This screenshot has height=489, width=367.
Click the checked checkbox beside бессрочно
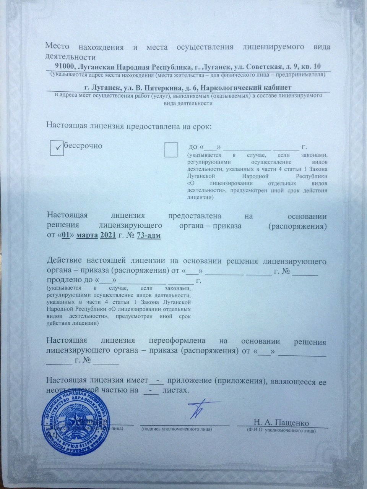point(57,148)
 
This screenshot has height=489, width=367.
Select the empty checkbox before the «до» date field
point(171,149)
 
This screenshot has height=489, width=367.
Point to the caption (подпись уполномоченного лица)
point(176,429)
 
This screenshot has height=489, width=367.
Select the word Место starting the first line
point(57,47)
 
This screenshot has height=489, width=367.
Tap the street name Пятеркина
point(145,87)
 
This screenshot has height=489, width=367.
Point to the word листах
point(175,390)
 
